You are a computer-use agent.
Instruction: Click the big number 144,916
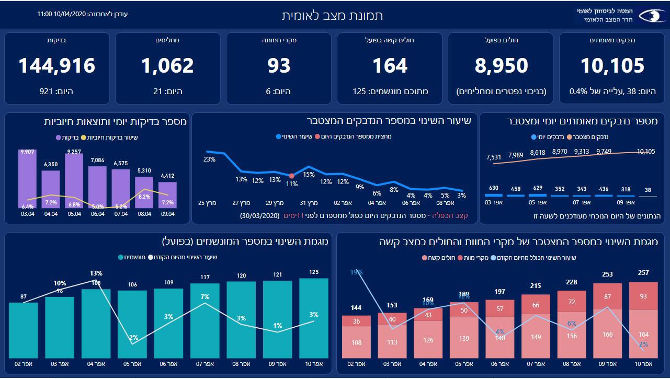click(x=57, y=66)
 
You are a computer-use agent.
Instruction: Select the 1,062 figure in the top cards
click(x=167, y=66)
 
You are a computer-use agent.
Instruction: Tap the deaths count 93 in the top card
click(x=279, y=66)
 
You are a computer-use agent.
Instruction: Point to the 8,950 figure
click(x=501, y=66)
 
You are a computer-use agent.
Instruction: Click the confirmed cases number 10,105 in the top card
click(x=612, y=66)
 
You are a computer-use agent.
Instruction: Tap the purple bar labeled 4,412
click(x=167, y=196)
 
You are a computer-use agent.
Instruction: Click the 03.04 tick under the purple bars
click(x=27, y=214)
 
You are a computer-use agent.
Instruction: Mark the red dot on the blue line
click(x=291, y=176)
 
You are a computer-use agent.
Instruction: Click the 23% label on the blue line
click(x=210, y=159)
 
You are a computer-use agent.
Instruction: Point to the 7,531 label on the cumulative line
click(x=494, y=156)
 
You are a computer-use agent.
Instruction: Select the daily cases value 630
click(x=494, y=188)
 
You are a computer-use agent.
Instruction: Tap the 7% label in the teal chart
click(x=205, y=297)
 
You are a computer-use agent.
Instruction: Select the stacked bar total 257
click(x=643, y=272)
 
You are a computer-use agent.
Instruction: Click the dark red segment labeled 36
click(x=356, y=321)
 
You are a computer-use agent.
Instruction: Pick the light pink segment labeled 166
click(x=607, y=335)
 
